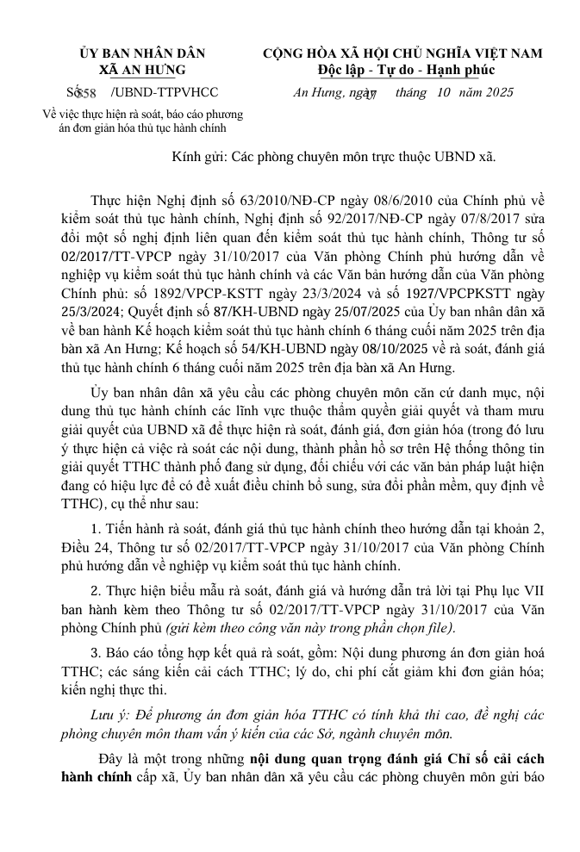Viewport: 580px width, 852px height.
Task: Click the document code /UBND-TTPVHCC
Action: tap(165, 93)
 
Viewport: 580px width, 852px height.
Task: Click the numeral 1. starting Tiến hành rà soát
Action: tap(97, 527)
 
